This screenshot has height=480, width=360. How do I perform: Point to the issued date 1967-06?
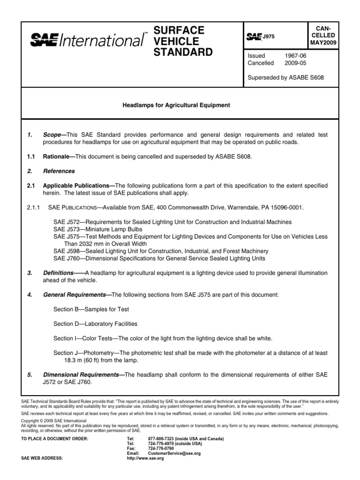(294, 55)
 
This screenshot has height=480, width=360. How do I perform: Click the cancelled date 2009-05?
(294, 62)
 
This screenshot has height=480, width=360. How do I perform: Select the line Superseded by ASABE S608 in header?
(285, 77)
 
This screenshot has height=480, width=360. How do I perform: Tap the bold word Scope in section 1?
(52, 135)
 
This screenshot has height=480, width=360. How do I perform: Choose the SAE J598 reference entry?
(161, 251)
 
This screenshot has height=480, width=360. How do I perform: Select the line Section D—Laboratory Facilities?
(95, 323)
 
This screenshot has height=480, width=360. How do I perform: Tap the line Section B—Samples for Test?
(91, 309)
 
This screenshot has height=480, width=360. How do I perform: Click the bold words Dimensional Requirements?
(83, 375)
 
